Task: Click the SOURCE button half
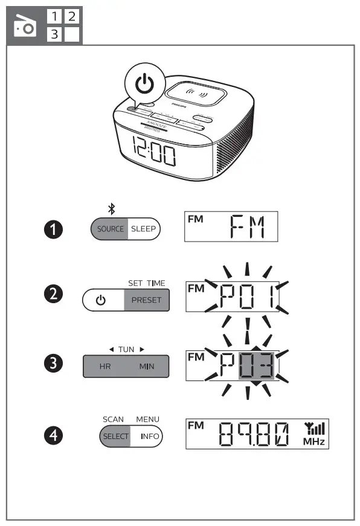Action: (111, 229)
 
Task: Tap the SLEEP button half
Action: (143, 229)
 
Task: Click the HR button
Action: (105, 367)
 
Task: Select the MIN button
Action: (146, 367)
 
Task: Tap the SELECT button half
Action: (115, 436)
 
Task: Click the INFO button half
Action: (146, 436)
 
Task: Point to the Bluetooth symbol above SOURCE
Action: (111, 209)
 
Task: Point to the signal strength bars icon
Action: (314, 429)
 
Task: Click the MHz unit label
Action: (314, 442)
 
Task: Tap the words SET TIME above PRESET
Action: (146, 283)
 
